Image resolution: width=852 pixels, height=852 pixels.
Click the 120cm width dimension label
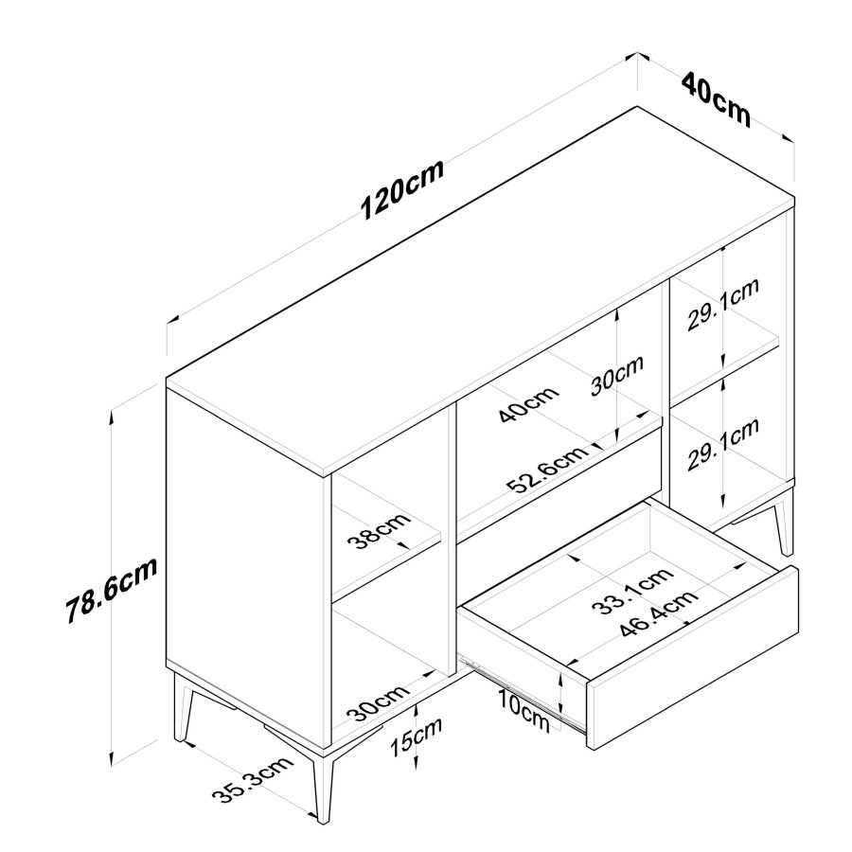coord(402,195)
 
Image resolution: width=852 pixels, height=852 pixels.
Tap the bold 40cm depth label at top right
coord(716,98)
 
